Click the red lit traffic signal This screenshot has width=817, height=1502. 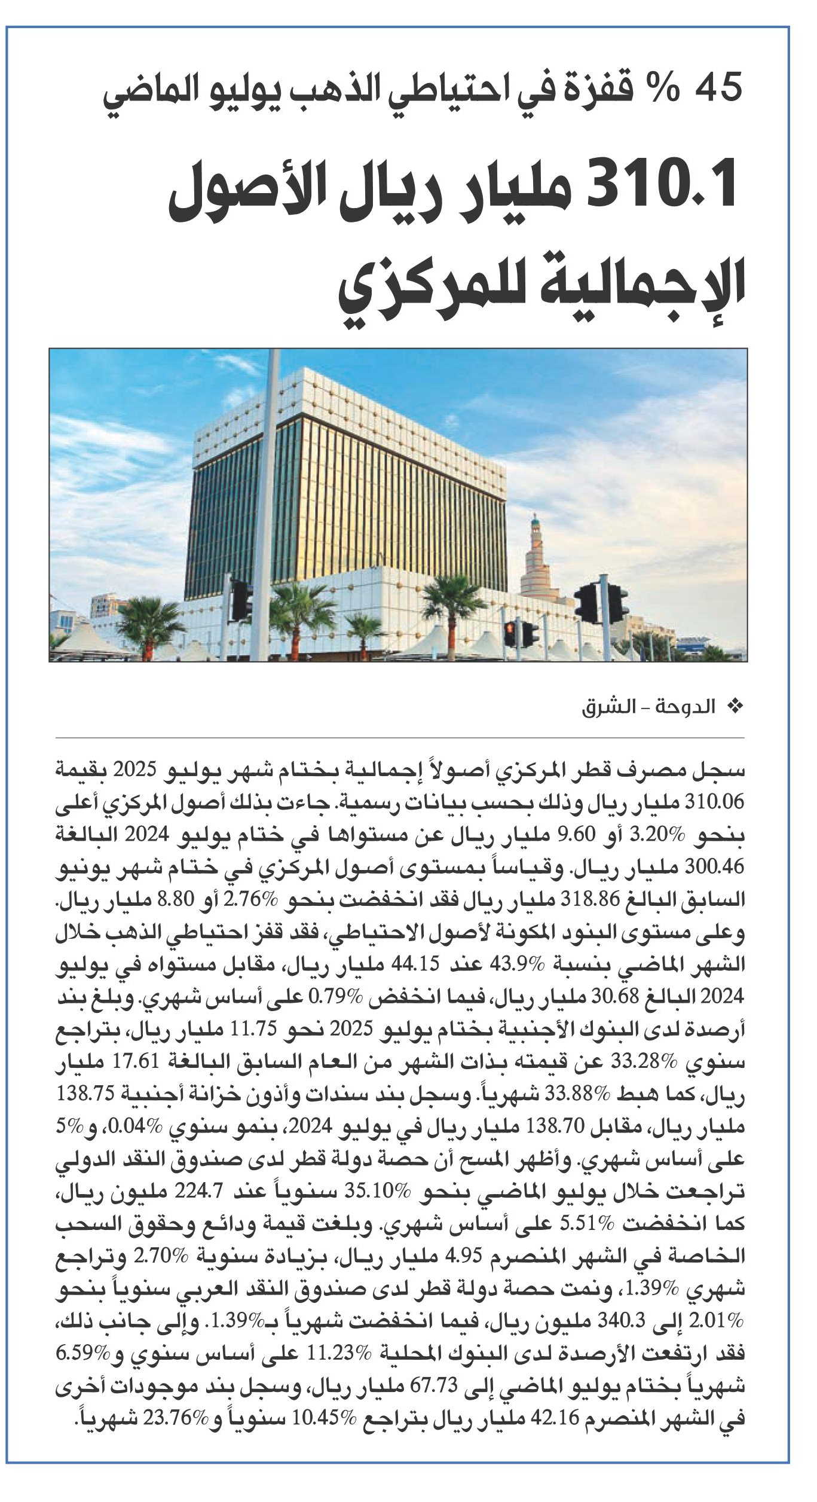point(510,629)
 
